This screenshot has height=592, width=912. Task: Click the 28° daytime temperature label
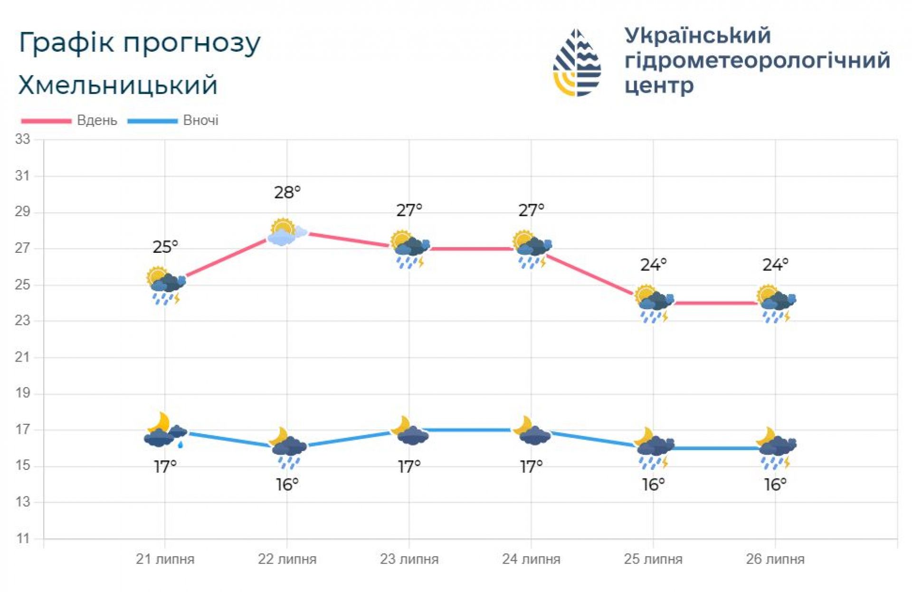287,192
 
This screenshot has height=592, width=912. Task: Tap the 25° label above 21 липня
165,247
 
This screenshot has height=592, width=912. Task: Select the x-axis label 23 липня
409,559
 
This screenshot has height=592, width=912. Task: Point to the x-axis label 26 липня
775,559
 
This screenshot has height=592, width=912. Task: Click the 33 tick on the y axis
22,139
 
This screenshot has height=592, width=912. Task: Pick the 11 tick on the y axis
22,539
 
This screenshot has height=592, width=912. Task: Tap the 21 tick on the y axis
22,357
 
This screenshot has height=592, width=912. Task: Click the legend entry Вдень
97,121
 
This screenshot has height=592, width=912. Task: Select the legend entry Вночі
200,121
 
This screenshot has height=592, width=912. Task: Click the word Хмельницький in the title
118,86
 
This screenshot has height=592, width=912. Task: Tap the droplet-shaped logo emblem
577,63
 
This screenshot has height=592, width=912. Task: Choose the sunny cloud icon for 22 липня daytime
286,232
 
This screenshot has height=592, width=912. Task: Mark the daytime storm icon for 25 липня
654,303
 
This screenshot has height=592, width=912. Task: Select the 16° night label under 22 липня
287,485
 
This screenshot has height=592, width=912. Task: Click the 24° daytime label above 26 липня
775,265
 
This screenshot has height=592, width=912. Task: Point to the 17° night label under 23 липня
409,467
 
